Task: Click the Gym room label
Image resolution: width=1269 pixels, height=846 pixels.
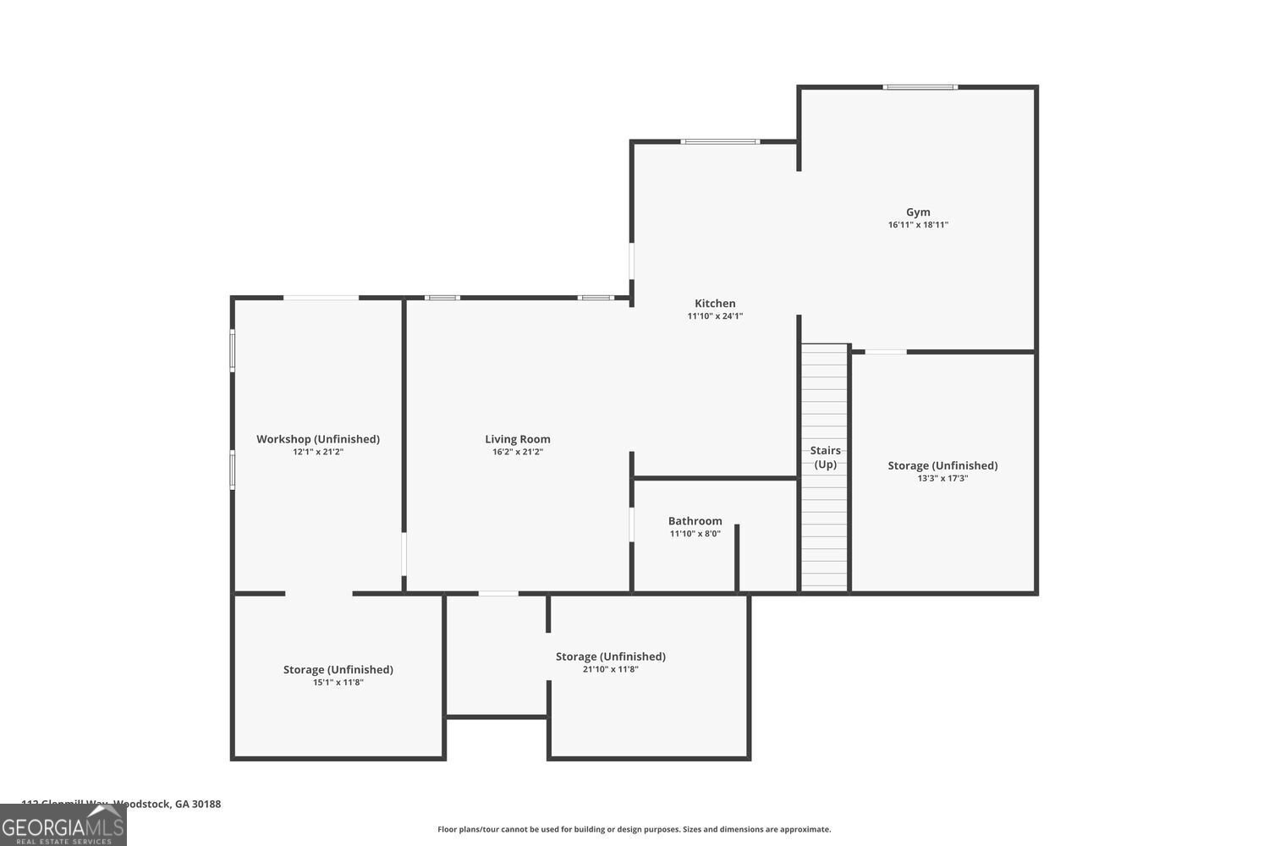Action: (x=918, y=212)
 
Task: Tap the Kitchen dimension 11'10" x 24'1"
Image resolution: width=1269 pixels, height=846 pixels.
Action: (x=715, y=316)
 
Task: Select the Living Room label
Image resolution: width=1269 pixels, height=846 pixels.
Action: (x=518, y=439)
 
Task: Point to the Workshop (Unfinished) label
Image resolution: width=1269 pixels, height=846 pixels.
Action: (x=318, y=439)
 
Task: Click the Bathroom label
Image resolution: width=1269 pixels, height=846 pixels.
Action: (x=695, y=521)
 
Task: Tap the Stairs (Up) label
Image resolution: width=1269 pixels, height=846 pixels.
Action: (x=825, y=457)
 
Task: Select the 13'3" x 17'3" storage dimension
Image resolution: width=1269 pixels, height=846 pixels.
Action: (x=942, y=479)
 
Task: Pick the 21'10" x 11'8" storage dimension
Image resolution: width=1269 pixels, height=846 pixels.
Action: (x=610, y=669)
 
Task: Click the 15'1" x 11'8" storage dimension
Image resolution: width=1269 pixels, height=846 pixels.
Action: (x=338, y=683)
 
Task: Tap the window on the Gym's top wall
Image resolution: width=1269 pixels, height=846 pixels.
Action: (x=920, y=87)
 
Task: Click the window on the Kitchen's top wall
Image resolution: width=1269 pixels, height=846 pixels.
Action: (x=720, y=141)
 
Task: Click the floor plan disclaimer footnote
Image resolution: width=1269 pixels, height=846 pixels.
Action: (x=634, y=830)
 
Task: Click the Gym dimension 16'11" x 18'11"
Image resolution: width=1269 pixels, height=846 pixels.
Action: (x=918, y=225)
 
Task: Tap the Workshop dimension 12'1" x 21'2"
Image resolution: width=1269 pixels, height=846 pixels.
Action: (x=318, y=452)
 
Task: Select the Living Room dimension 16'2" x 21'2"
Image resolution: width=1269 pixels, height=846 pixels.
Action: (x=518, y=452)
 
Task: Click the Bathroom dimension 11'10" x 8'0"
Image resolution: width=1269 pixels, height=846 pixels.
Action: (x=695, y=534)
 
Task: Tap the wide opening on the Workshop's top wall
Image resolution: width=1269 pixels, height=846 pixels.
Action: (x=321, y=298)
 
